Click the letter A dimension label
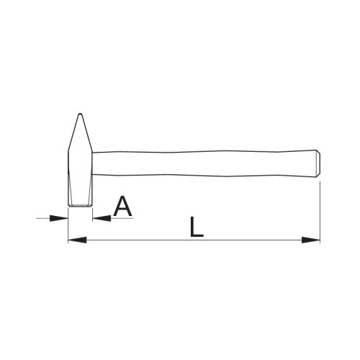click(x=122, y=206)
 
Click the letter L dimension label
click(x=197, y=227)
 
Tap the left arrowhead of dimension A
click(x=59, y=218)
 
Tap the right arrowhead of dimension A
click(x=102, y=218)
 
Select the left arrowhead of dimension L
click(x=77, y=240)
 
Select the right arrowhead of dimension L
click(x=311, y=240)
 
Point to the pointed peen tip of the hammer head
click(x=81, y=114)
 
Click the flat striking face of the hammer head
click(x=80, y=206)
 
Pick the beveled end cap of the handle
click(x=318, y=163)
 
